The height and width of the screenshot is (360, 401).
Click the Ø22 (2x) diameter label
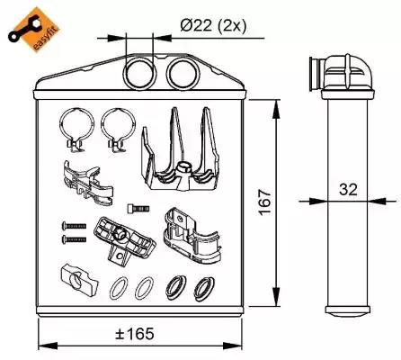(x=213, y=26)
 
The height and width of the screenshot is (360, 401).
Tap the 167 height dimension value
(x=265, y=202)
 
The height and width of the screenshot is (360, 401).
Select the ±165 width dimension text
(x=135, y=334)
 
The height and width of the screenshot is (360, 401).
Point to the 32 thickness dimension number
(x=348, y=189)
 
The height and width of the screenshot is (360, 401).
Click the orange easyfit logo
(x=33, y=29)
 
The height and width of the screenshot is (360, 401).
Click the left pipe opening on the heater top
(x=140, y=73)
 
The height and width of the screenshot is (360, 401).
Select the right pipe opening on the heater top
(x=183, y=73)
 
